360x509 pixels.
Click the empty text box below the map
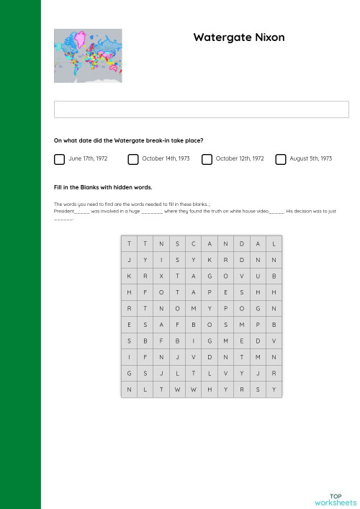pos(202,109)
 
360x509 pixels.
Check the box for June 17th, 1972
pos(59,158)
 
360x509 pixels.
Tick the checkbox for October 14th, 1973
pos(133,158)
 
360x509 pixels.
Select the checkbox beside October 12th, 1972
pos(207,158)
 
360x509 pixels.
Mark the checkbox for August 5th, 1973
pos(281,158)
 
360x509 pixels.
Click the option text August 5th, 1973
pos(310,158)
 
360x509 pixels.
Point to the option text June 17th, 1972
pos(88,158)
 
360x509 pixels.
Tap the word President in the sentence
pos(64,212)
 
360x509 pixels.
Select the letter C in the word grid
pos(193,243)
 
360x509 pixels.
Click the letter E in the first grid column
pos(128,324)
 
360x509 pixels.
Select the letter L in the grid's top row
pos(274,243)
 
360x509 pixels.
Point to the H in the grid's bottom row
pos(210,389)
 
